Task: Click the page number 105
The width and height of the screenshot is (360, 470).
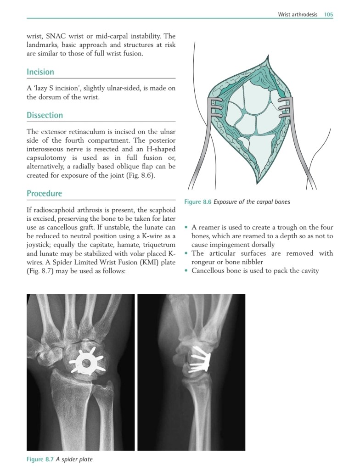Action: click(x=328, y=15)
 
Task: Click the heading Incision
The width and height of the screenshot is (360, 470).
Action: click(x=40, y=72)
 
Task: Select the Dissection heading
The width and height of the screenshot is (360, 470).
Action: click(x=45, y=115)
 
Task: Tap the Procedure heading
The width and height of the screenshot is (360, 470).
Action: click(x=45, y=194)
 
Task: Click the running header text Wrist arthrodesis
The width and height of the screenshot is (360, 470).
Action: click(x=298, y=15)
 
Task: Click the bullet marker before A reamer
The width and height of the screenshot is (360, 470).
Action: click(x=186, y=228)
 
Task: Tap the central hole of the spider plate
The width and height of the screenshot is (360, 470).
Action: click(x=85, y=364)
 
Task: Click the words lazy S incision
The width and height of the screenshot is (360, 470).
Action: click(x=57, y=89)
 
